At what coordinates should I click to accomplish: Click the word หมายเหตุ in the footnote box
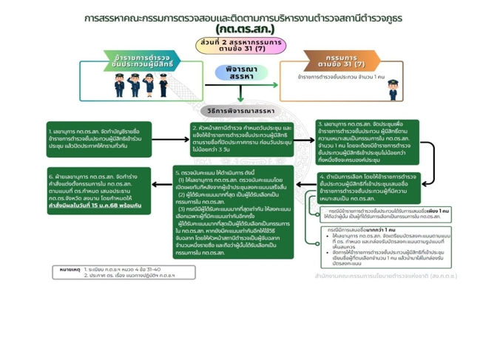(70, 270)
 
